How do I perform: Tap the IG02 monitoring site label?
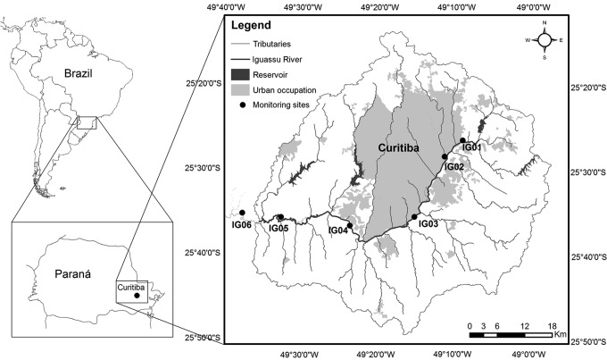(454, 166)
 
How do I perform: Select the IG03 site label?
(427, 223)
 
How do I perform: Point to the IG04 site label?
(337, 230)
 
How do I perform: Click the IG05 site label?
(278, 228)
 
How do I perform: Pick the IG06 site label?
(241, 224)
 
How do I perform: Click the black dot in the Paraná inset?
(137, 295)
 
